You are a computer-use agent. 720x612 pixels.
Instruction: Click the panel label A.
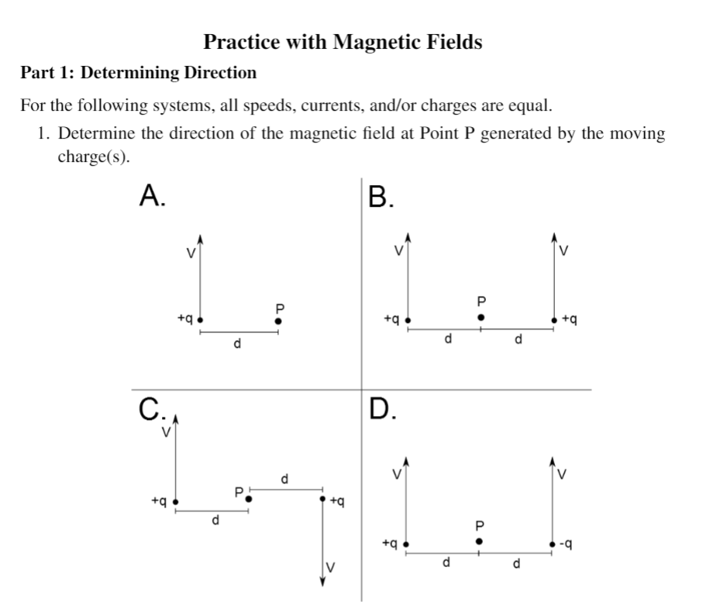point(151,197)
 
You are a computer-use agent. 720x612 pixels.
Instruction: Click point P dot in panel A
point(279,320)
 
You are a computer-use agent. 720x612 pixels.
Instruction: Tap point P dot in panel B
point(481,317)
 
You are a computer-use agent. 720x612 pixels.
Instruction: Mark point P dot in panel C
point(249,500)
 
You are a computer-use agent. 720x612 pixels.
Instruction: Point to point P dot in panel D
point(480,541)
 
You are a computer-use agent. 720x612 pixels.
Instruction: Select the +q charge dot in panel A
point(200,319)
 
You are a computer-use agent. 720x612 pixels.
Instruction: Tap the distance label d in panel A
point(237,344)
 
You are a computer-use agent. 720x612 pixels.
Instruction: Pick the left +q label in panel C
point(160,500)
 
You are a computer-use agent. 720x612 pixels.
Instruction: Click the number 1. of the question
point(44,133)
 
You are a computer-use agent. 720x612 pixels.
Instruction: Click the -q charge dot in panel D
point(553,545)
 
